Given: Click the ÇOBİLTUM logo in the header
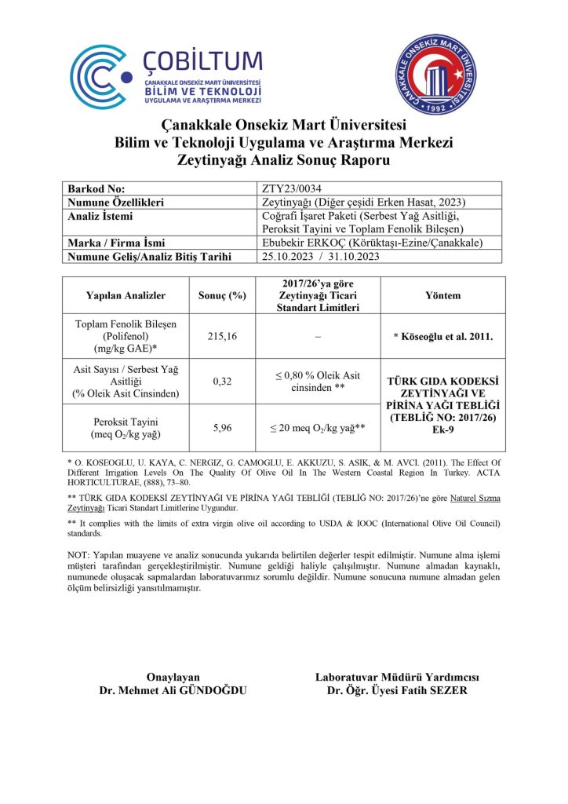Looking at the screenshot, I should [x=166, y=76].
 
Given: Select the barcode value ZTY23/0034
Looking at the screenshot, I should [x=289, y=189].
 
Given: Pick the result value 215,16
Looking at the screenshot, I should [x=222, y=336].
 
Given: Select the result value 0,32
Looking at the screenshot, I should [x=222, y=382].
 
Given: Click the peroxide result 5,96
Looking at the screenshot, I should [x=222, y=429].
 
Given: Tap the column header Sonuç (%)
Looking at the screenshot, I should [x=222, y=296].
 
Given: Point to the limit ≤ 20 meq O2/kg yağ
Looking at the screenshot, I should [x=316, y=429].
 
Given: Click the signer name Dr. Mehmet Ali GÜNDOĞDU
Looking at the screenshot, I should [x=173, y=691].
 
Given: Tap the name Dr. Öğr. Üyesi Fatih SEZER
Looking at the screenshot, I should [x=397, y=691].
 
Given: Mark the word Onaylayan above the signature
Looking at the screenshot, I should [x=173, y=678].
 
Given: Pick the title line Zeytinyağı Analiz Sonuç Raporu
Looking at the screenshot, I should [x=284, y=159].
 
